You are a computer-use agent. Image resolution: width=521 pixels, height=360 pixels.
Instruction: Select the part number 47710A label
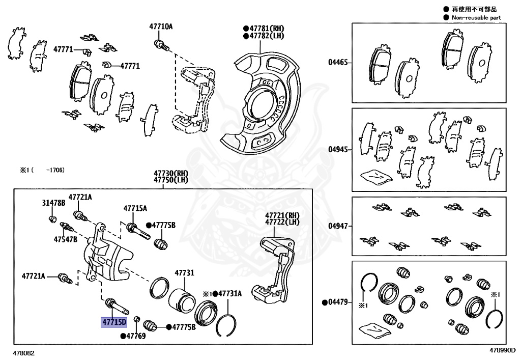click(161, 26)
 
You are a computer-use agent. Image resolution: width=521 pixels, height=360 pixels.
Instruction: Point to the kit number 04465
click(337, 62)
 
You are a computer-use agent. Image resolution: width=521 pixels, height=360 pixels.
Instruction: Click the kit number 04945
click(337, 150)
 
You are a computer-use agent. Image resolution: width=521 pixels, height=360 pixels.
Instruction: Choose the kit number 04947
click(337, 226)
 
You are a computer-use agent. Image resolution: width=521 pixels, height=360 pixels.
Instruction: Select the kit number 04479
click(337, 302)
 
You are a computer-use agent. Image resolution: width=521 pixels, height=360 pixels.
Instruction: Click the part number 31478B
click(53, 203)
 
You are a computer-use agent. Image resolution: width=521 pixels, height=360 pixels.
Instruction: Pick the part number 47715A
click(135, 208)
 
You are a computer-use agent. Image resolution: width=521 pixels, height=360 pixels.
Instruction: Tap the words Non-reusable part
click(476, 17)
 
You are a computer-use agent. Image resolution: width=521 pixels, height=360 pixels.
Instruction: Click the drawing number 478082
click(24, 352)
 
